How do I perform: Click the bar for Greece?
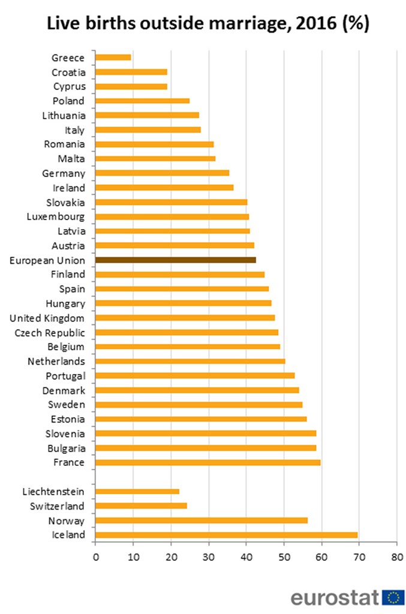[x=113, y=58]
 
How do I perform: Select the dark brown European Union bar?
[x=176, y=260]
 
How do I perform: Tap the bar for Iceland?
[x=226, y=535]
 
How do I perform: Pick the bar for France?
[x=207, y=462]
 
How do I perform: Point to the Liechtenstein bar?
[x=137, y=492]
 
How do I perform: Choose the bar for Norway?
[x=201, y=520]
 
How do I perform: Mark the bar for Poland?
[x=142, y=101]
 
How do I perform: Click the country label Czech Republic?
[x=50, y=333]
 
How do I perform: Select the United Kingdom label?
[x=47, y=318]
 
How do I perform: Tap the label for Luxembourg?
[x=56, y=216]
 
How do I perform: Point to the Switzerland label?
[x=58, y=506]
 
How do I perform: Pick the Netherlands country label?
[x=56, y=362]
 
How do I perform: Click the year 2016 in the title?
[x=306, y=24]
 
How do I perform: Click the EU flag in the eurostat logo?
[x=393, y=597]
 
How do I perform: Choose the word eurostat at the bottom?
[x=335, y=597]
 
